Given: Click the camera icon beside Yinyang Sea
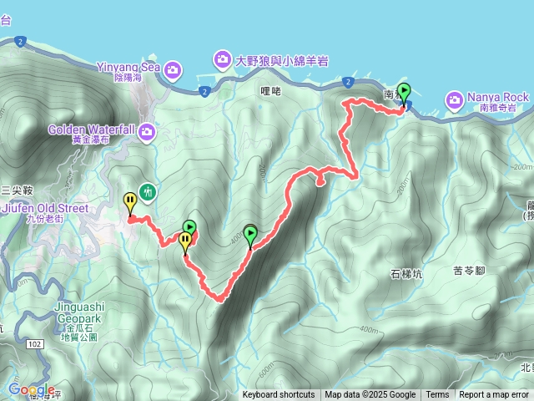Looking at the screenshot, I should coord(173,69).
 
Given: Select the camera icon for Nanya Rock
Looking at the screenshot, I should coord(455,100).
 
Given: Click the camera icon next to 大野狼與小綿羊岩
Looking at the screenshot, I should coord(222,58).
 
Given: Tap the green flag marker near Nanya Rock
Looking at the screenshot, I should coord(405,92).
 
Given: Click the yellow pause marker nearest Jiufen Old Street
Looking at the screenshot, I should coord(130,201).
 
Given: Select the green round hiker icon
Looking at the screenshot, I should coord(148,192).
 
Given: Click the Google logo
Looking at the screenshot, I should coord(32,389).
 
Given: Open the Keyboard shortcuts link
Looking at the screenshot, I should coord(279,395).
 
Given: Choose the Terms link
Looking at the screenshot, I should coord(437,395).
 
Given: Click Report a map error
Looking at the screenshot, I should coord(494,395).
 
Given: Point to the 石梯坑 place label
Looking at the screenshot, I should coord(406,273).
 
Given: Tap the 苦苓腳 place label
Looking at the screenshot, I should coord(469,270).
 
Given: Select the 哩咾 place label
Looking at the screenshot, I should coord(270,92).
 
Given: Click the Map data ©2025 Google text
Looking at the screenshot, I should coord(370,395).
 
